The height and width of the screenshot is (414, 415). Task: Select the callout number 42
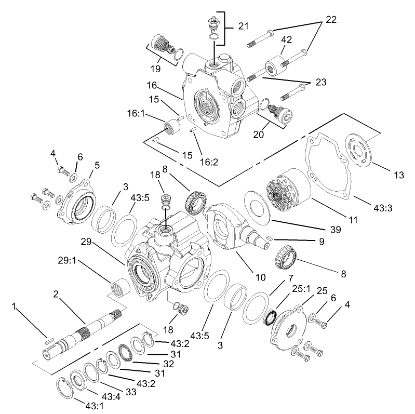[287, 39]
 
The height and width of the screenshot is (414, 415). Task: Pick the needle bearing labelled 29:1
[121, 287]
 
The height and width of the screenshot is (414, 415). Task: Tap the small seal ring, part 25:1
[270, 317]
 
